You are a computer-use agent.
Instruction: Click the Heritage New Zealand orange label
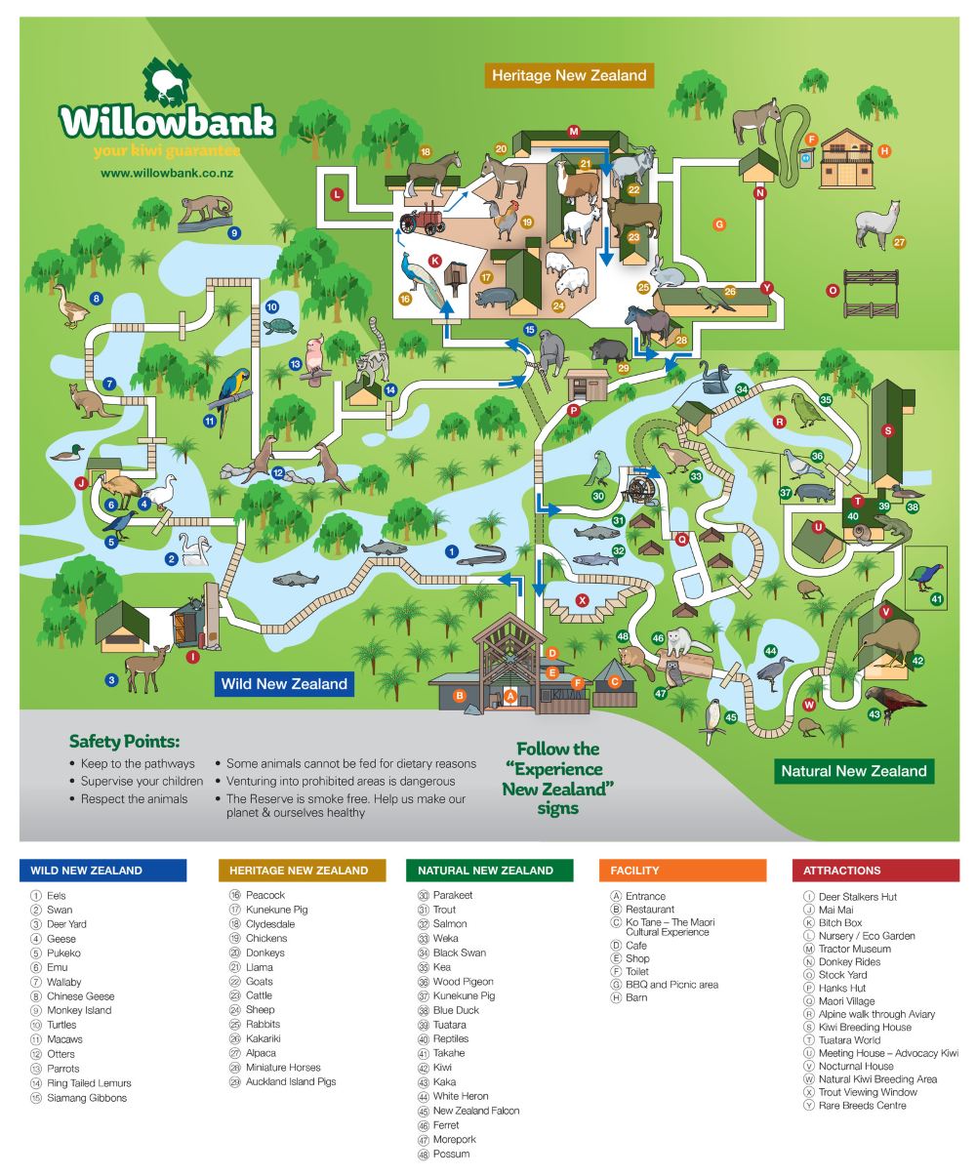tap(569, 75)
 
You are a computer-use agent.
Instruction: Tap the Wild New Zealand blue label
tap(284, 683)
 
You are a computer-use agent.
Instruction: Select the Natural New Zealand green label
tap(853, 771)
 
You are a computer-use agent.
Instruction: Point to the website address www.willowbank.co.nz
tap(166, 173)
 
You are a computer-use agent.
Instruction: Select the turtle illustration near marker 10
tap(280, 326)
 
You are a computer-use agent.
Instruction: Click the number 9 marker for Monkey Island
tap(234, 232)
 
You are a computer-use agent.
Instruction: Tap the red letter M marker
tap(574, 131)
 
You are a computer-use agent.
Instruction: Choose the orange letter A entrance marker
tap(509, 696)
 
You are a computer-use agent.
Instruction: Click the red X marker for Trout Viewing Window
tap(583, 600)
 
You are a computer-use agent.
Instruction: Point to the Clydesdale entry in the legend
tap(269, 923)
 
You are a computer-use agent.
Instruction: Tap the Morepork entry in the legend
tap(454, 1139)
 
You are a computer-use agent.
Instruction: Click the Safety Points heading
tap(124, 742)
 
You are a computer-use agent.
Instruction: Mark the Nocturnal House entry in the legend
tap(855, 1066)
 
